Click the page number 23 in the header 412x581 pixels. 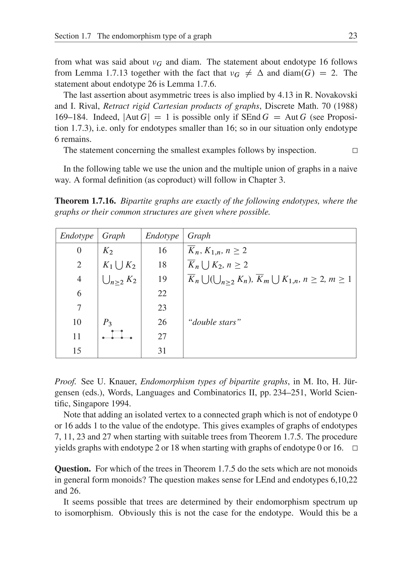(353, 36)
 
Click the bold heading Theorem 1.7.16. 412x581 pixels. (85, 201)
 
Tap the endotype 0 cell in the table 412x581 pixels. (79, 250)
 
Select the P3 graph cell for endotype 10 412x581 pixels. (107, 322)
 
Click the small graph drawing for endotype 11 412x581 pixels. (117, 335)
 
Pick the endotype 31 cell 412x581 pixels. (162, 351)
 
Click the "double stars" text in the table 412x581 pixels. (214, 322)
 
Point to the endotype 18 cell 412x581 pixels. (162, 265)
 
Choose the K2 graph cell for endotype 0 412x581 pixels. (108, 251)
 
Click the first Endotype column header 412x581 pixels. (77, 236)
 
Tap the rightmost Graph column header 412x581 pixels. (199, 236)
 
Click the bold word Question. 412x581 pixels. (73, 469)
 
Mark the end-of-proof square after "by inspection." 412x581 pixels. (355, 150)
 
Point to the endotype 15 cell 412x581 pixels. (77, 351)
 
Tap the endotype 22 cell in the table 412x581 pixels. (162, 294)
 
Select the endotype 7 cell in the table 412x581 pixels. (79, 308)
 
